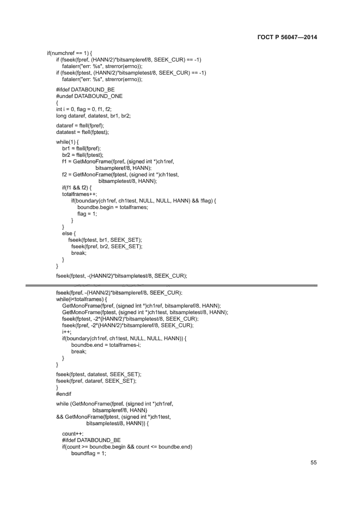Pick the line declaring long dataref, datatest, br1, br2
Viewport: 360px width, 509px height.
click(93, 115)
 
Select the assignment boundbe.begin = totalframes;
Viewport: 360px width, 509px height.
click(113, 207)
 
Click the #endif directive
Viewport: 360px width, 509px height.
click(64, 394)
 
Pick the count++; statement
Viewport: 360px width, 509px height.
click(73, 433)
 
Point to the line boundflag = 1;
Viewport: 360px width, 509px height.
click(88, 453)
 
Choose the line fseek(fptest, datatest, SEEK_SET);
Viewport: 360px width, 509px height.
click(99, 374)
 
